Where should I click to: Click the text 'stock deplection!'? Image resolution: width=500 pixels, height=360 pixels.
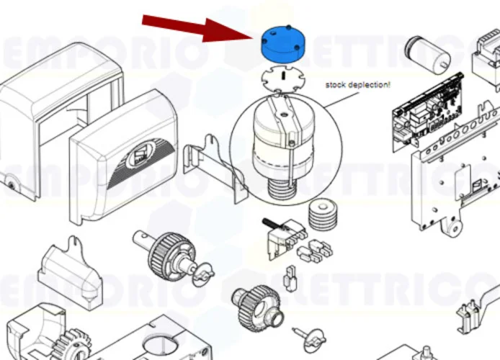(357, 84)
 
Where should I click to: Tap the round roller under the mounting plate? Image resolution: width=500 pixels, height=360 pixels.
(451, 229)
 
